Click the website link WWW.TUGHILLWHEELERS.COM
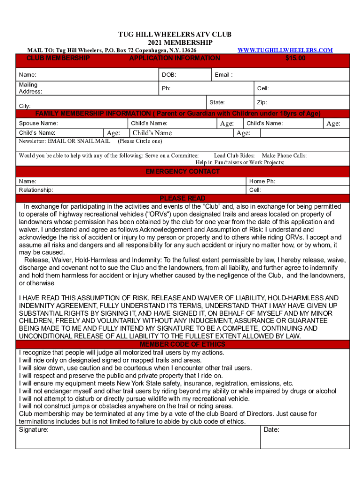click(285, 50)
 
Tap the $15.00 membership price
click(295, 58)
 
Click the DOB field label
click(169, 75)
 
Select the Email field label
click(223, 75)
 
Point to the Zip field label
click(262, 102)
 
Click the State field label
click(217, 102)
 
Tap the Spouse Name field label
click(38, 123)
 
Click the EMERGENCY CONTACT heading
click(182, 172)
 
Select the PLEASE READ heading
click(182, 198)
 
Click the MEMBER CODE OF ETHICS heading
click(182, 345)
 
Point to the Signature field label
click(34, 429)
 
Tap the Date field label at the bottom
click(272, 429)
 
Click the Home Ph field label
click(262, 181)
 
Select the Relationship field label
click(36, 190)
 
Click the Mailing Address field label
click(30, 88)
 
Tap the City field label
click(25, 106)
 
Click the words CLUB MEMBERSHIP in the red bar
click(58, 58)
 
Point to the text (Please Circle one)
click(140, 141)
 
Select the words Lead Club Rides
click(234, 155)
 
